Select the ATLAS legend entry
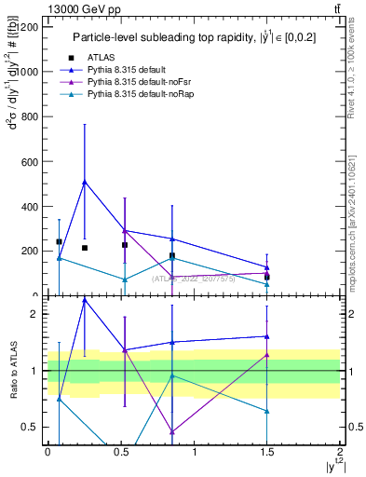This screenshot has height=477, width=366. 113,58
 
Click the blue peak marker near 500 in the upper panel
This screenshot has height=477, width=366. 85,182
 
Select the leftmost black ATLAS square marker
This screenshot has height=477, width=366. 59,241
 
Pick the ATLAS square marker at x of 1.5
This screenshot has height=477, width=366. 267,277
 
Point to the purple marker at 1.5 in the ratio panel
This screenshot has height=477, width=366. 267,355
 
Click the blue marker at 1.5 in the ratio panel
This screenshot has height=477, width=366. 267,336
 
